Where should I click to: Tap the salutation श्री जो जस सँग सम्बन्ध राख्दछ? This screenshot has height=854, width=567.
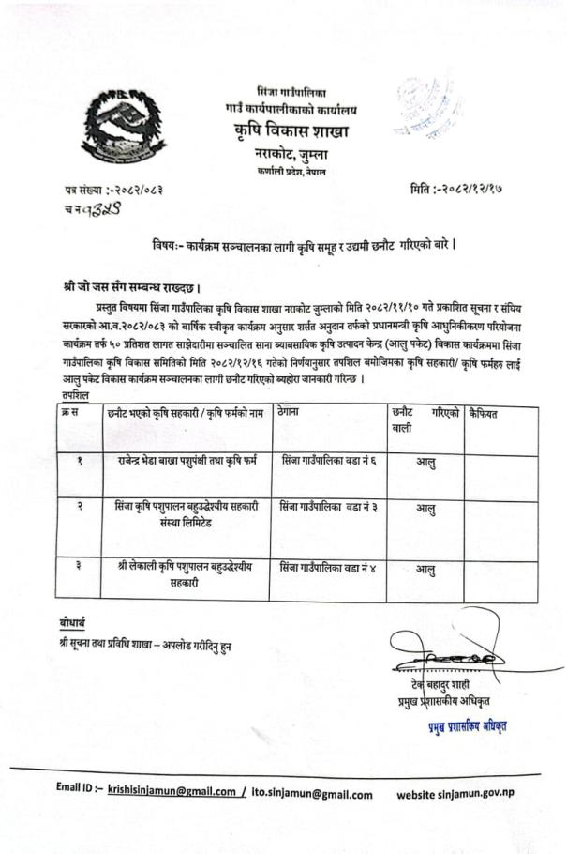127,286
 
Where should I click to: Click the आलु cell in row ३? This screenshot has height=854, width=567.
425,569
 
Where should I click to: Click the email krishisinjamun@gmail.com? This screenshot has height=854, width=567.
172,793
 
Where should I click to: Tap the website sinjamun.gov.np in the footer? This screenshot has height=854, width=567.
455,794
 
